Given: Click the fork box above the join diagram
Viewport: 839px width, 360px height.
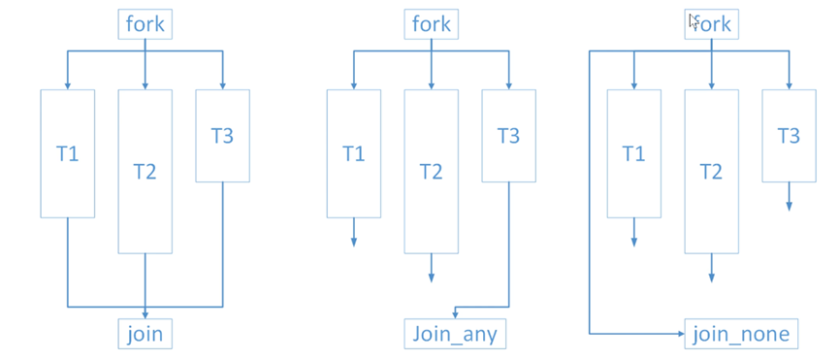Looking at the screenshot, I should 145,23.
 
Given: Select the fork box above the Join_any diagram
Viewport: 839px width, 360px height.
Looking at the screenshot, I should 431,23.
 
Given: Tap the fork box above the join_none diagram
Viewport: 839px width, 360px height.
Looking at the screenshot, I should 712,23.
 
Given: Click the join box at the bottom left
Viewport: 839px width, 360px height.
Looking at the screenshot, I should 145,334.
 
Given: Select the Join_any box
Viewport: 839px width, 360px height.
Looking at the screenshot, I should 455,334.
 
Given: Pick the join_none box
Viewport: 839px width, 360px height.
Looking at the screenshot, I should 741,334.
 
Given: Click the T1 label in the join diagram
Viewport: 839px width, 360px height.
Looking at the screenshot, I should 67,153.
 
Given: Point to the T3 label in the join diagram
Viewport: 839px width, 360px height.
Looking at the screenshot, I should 222,135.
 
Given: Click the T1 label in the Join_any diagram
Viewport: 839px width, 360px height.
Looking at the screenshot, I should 353,153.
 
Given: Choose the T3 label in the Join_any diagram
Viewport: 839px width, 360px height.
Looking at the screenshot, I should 508,135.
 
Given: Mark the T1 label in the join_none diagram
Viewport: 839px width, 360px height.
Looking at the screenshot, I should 633,153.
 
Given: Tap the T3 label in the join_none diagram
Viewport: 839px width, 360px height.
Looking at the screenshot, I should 789,135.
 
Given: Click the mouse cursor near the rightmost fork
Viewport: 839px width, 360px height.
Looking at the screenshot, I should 693,19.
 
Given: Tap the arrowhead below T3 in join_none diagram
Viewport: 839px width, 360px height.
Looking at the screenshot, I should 789,205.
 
